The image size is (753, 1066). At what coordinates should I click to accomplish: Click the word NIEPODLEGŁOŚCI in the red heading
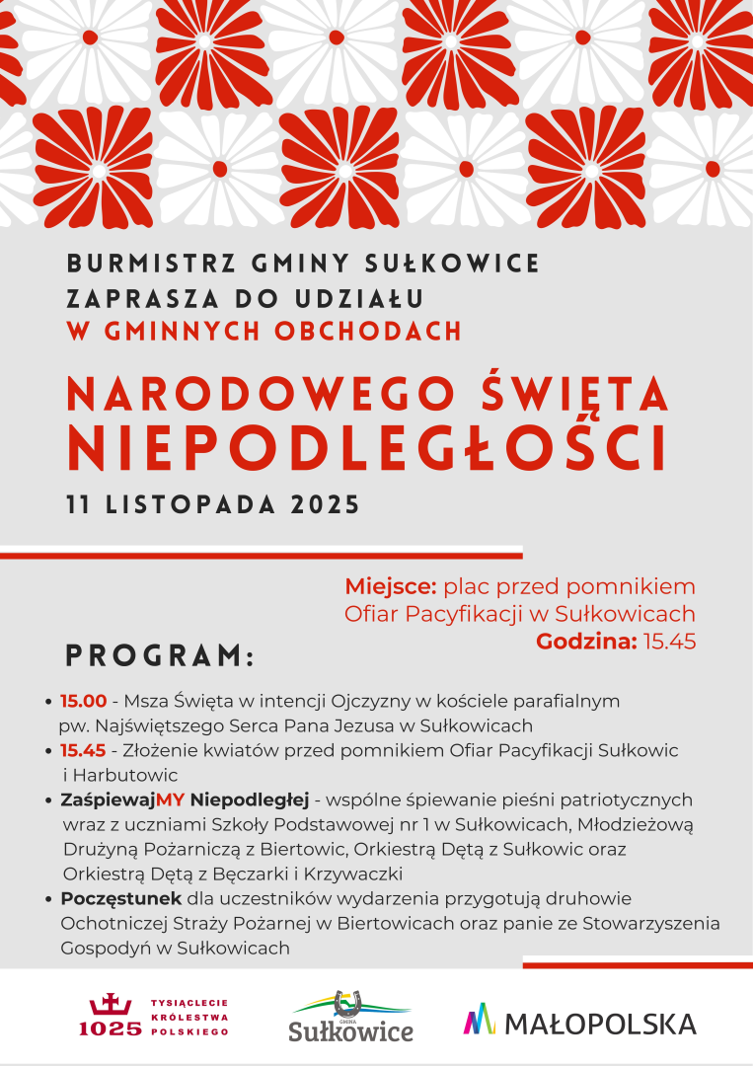(x=366, y=448)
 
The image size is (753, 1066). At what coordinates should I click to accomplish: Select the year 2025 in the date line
(x=325, y=505)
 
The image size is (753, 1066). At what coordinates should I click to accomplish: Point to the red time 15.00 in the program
(x=83, y=701)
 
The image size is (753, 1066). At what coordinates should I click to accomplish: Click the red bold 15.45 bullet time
(x=83, y=751)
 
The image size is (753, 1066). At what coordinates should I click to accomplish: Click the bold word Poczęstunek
(x=121, y=899)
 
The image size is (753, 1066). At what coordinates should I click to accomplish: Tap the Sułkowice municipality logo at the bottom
(x=350, y=1018)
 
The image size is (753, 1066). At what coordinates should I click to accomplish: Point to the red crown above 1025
(x=110, y=1005)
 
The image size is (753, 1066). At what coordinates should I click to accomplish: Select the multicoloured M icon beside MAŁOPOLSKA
(x=479, y=1020)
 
